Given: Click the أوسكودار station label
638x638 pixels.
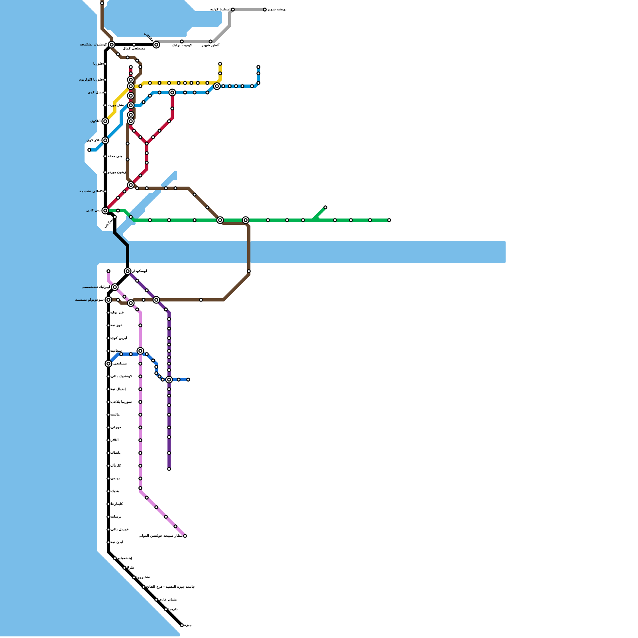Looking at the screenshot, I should coord(140,271).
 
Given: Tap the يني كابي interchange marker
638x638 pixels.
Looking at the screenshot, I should coord(105,211).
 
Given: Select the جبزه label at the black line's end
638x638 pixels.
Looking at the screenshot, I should coord(188,625).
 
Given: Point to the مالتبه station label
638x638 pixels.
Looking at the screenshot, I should coord(115,415).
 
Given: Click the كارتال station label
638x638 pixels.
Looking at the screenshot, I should coord(116,466).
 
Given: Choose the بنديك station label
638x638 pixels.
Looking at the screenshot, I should coord(115,491).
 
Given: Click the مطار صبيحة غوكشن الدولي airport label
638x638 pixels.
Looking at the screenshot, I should coord(161,536).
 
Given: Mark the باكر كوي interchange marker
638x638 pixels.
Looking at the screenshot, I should coord(105,140).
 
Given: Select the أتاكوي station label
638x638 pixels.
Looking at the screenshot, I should coord(95,121).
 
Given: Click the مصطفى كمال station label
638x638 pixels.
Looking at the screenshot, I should coord(134,49).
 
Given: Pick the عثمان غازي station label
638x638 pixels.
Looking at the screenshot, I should coord(168,600).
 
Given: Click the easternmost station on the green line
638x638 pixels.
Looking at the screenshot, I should coord(389,220).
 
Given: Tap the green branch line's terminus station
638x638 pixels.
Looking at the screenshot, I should coord(325,207).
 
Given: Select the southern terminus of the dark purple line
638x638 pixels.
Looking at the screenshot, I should coord(169,469).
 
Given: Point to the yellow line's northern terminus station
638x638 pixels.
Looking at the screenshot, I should coord(220,64).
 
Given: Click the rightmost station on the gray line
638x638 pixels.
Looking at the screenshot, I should coord(265,10).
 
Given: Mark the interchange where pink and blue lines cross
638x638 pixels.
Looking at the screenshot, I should coord(140,351).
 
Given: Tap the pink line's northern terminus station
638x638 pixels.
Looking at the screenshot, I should coord(108,271).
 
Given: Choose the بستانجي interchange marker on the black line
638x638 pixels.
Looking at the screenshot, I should coord(108,364).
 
